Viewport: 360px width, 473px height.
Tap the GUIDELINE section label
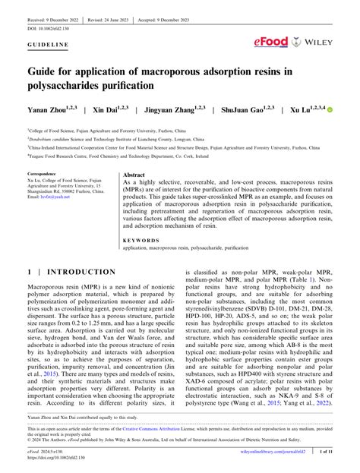[46, 45]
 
